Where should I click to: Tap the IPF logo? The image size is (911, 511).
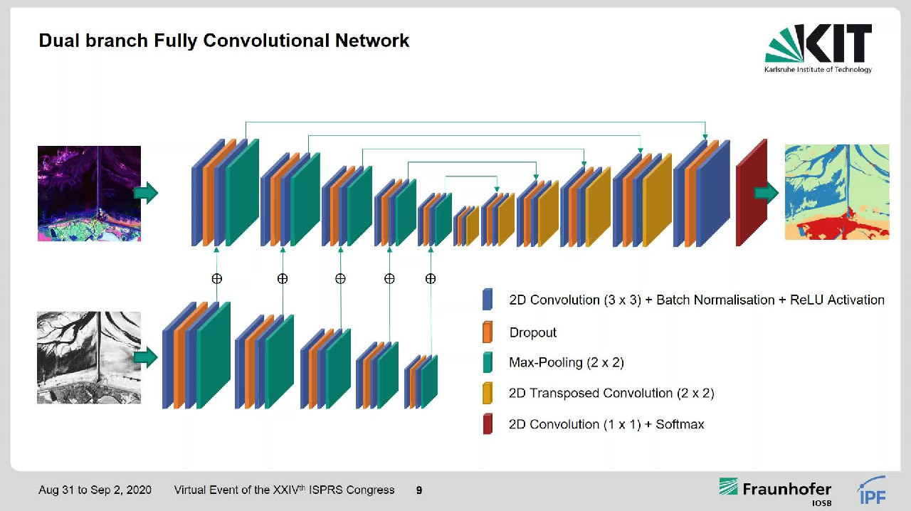[871, 491]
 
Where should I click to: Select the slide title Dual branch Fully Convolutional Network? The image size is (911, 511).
[223, 41]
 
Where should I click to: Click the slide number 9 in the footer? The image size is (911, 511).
[419, 490]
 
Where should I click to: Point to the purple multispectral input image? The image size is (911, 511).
[89, 194]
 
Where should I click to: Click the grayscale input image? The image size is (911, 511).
[89, 357]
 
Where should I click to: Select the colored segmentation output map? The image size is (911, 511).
[836, 192]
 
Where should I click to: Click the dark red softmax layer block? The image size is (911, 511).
[751, 194]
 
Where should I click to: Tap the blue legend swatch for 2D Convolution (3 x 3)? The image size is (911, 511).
[488, 300]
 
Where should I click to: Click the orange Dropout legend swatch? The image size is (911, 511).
[488, 332]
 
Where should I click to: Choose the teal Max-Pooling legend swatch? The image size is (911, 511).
[488, 362]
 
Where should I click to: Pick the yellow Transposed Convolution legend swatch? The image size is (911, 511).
[488, 393]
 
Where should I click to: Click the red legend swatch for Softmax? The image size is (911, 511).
[488, 424]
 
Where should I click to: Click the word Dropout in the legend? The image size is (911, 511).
[533, 332]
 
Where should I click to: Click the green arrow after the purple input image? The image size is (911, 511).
[146, 193]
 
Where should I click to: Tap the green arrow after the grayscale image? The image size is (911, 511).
[146, 357]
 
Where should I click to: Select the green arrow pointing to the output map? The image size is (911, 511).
[766, 192]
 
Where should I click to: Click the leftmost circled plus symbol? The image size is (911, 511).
[217, 279]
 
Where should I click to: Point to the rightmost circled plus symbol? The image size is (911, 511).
[430, 279]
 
